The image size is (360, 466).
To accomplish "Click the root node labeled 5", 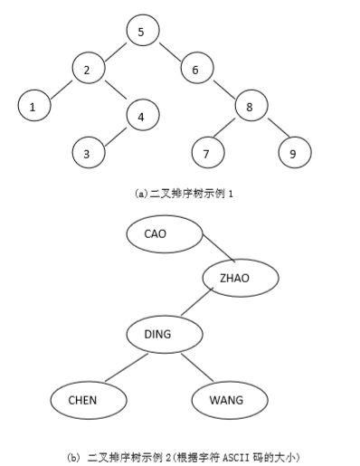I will pyautogui.click(x=141, y=33).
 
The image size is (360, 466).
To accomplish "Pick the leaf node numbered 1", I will pyautogui.click(x=33, y=107).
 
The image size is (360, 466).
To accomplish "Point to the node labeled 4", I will pyautogui.click(x=141, y=116).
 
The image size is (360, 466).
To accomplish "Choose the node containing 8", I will pyautogui.click(x=251, y=107).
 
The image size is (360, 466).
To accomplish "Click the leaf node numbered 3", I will pyautogui.click(x=87, y=153).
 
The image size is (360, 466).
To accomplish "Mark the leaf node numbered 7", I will pyautogui.click(x=207, y=153).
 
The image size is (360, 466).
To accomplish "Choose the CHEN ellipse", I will pyautogui.click(x=82, y=399).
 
